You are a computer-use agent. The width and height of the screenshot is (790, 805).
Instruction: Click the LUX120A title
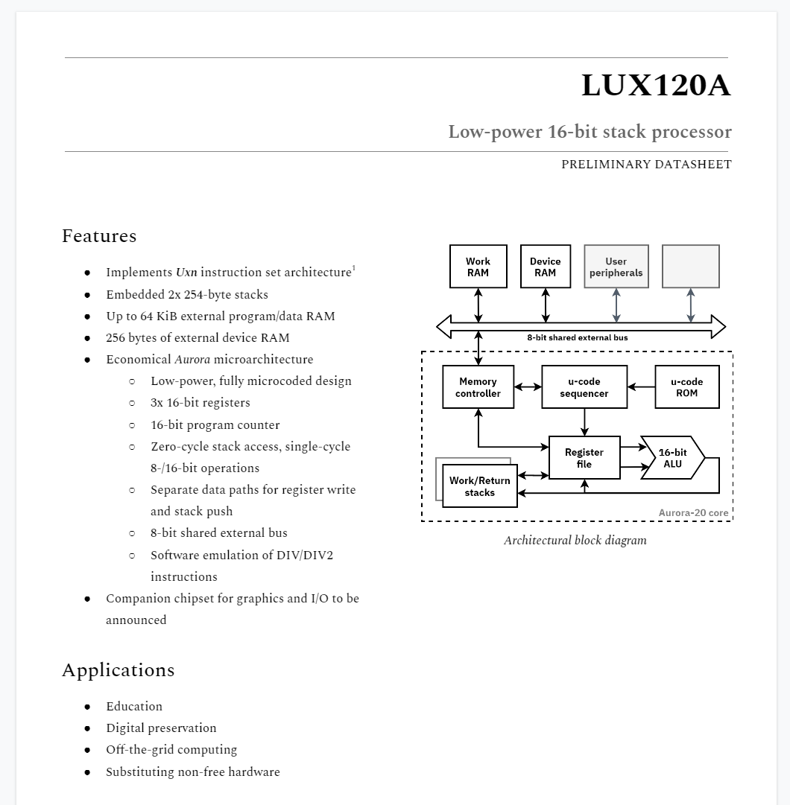(x=656, y=86)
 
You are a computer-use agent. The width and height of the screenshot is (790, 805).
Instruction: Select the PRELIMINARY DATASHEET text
(x=646, y=165)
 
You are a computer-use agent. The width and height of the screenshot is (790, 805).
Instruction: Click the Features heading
(x=99, y=236)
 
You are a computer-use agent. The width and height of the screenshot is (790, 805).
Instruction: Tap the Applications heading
(x=118, y=670)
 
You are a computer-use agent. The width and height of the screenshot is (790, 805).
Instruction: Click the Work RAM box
(x=478, y=267)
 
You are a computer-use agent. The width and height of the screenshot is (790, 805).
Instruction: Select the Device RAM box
(x=545, y=267)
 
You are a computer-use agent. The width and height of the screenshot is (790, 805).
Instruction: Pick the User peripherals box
(x=616, y=267)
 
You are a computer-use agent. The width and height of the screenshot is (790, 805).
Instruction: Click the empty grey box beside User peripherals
(x=691, y=267)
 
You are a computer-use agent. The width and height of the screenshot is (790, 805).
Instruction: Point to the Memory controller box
(x=478, y=387)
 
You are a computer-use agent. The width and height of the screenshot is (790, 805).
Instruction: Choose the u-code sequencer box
(x=584, y=387)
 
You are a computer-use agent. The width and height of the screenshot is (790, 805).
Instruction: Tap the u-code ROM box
(x=686, y=387)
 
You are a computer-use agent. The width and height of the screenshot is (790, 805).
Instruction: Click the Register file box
(x=584, y=458)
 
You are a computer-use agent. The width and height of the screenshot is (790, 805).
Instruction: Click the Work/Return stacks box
(x=479, y=486)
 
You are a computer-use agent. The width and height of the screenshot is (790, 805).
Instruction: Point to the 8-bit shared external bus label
(x=577, y=337)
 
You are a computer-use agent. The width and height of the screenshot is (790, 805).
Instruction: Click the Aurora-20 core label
(x=693, y=513)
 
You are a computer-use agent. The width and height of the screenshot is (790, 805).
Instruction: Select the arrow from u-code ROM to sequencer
(x=641, y=387)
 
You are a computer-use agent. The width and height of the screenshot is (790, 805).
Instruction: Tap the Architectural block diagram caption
(x=575, y=541)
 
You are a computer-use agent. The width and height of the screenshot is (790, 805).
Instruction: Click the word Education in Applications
(x=134, y=707)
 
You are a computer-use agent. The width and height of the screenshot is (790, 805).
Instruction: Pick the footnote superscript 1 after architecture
(x=354, y=268)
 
